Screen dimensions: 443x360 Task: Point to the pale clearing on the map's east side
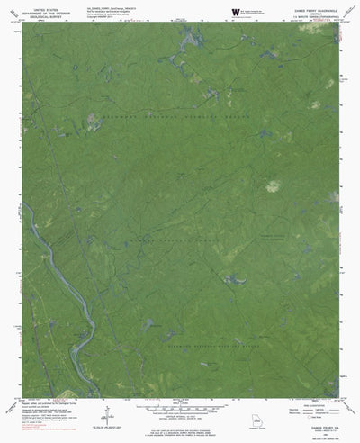(272, 162)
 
